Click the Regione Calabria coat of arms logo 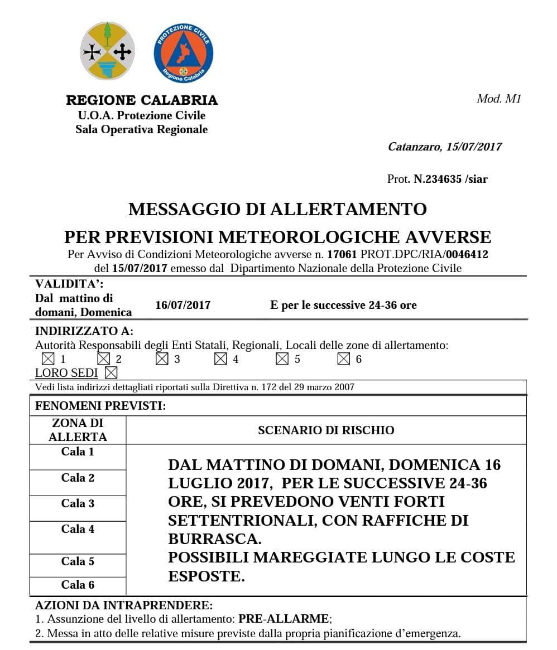pos(107,51)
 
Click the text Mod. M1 pos(498,99)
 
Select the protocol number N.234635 pos(438,179)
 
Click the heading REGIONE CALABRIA pos(142,101)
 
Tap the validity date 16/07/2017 pos(183,305)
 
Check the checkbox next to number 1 pos(48,359)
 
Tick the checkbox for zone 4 pos(220,359)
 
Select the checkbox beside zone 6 pos(344,359)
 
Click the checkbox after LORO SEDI pos(111,372)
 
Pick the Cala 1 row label pos(78,452)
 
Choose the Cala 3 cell pos(78,503)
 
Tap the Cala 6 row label pos(78,585)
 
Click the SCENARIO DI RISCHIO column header pos(326,430)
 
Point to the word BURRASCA pos(214,539)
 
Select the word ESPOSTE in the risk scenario pos(207,576)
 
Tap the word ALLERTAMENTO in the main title pos(349,210)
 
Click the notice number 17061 pos(342,255)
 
